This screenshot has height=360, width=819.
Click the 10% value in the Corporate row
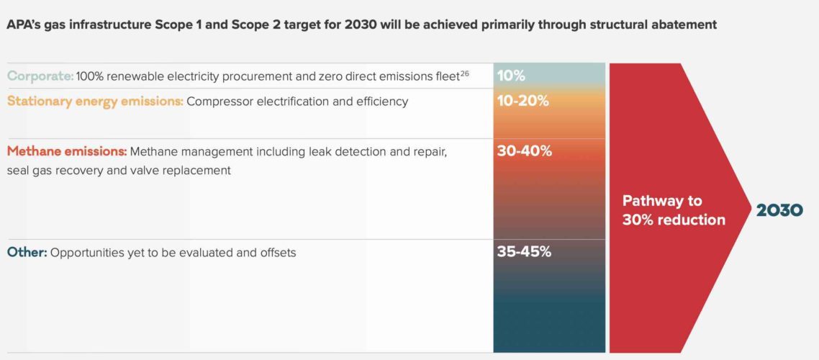[511, 76]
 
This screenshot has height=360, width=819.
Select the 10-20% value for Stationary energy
[523, 102]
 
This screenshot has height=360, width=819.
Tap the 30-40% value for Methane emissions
[525, 151]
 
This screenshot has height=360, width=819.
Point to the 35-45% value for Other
[525, 253]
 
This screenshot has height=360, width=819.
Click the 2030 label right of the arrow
[779, 210]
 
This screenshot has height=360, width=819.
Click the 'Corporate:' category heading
[40, 76]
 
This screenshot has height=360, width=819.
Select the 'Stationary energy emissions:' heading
[95, 102]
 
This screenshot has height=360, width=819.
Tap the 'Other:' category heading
[27, 253]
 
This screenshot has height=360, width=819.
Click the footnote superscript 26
[464, 72]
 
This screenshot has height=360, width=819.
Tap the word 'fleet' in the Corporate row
[444, 76]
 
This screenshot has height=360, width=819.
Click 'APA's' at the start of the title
[24, 25]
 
